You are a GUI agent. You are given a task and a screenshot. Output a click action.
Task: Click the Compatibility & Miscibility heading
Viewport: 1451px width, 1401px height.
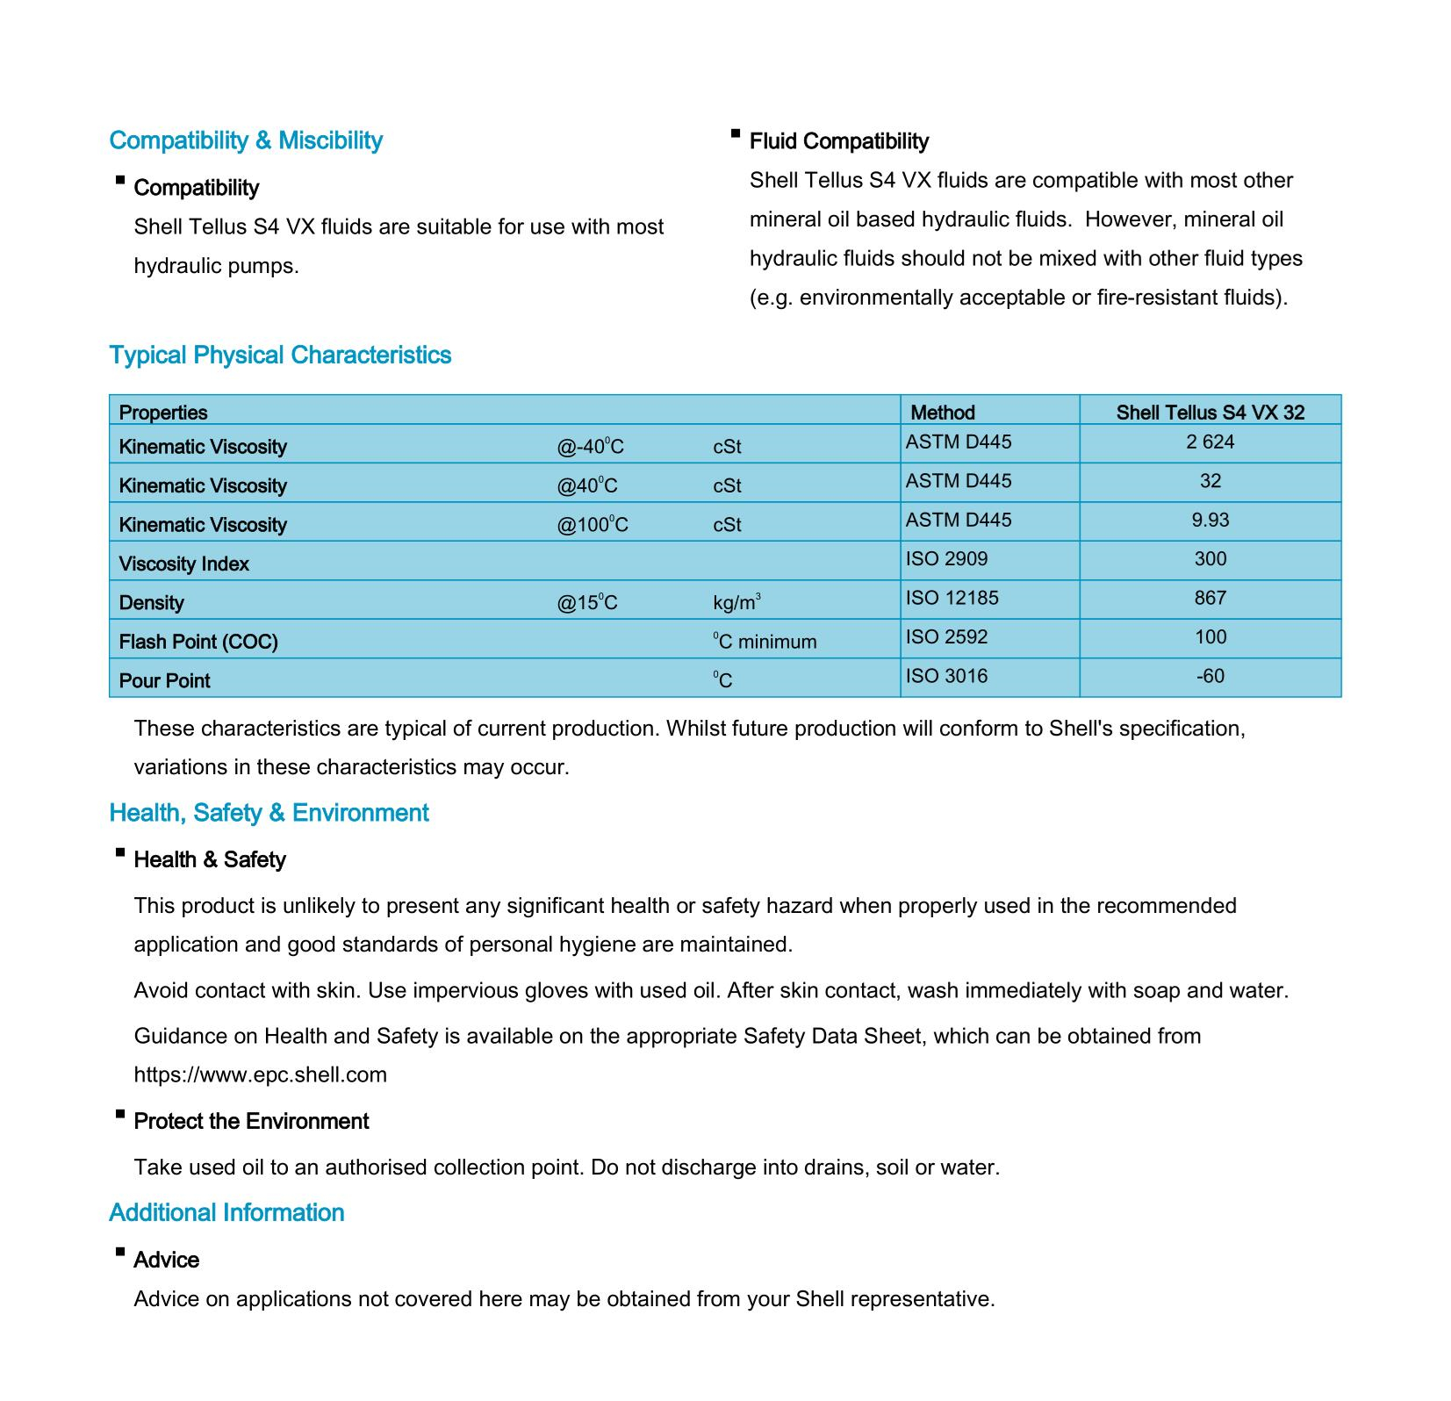tap(246, 140)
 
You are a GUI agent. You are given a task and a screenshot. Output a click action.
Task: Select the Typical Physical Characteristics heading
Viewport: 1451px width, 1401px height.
tap(280, 356)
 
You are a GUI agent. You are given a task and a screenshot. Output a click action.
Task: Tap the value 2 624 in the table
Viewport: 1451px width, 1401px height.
tap(1210, 442)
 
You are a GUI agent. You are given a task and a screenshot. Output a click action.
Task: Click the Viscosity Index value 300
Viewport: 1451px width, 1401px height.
tap(1210, 559)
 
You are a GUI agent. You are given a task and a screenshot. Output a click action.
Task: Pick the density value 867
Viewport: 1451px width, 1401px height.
tap(1210, 599)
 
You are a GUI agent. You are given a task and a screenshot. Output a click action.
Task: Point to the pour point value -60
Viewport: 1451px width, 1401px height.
tap(1210, 676)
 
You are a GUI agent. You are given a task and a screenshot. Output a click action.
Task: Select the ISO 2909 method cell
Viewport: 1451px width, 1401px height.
tap(946, 559)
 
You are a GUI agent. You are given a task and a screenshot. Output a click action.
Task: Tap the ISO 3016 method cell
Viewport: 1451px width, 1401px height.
tap(946, 676)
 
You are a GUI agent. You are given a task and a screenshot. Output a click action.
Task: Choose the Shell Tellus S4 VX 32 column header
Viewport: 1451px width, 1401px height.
tap(1210, 413)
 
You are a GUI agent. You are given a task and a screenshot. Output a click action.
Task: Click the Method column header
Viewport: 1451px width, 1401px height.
tap(942, 413)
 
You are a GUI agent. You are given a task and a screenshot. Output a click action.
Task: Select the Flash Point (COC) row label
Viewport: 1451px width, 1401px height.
tap(198, 642)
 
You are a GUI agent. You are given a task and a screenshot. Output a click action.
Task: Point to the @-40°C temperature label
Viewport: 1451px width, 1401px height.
tap(590, 447)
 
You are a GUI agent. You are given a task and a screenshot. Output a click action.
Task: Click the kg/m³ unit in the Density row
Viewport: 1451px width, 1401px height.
tap(736, 602)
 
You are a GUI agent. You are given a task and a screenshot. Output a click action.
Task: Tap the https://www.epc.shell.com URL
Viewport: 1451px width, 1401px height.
tap(260, 1075)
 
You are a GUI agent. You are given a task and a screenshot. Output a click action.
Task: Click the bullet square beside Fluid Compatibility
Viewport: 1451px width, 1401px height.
tap(736, 133)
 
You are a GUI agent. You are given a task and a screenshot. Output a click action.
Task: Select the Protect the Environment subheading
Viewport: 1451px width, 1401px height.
tap(251, 1122)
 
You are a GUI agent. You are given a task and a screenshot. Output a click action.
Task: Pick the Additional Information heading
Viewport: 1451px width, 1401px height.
tap(226, 1213)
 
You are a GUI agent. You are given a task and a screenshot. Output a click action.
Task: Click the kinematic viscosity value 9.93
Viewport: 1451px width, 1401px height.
tap(1210, 521)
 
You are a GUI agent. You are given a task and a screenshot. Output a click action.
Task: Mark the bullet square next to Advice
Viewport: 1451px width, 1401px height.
tap(119, 1253)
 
